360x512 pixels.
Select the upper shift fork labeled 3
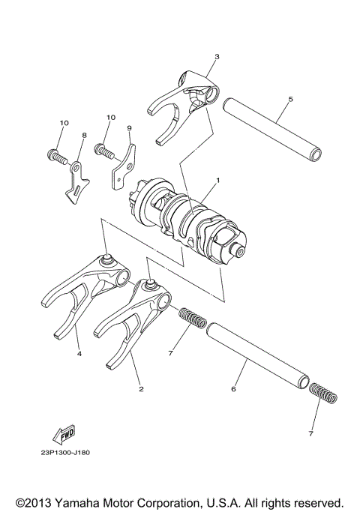pyautogui.click(x=187, y=101)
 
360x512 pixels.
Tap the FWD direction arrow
pyautogui.click(x=64, y=434)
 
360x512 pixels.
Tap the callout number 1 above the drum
pyautogui.click(x=218, y=180)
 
